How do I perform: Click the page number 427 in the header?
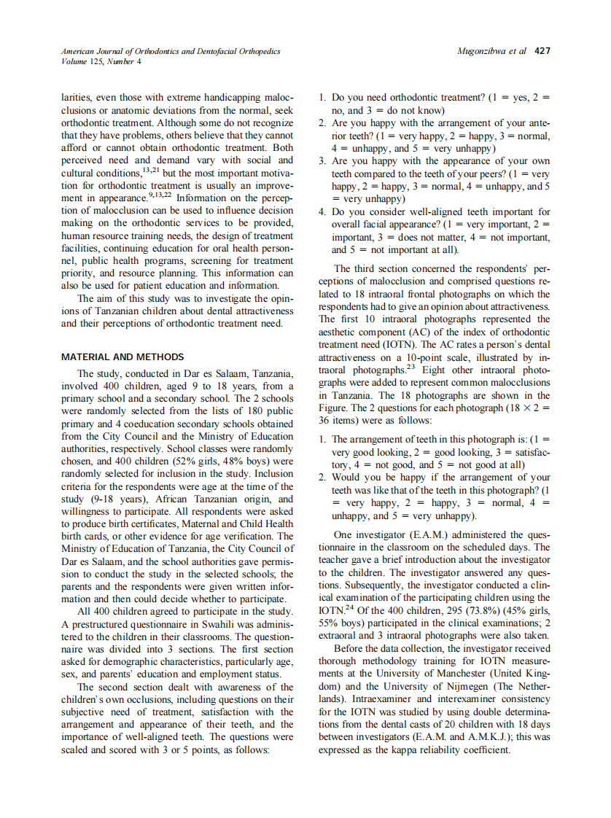(x=542, y=52)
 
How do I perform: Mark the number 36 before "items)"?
(x=326, y=421)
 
